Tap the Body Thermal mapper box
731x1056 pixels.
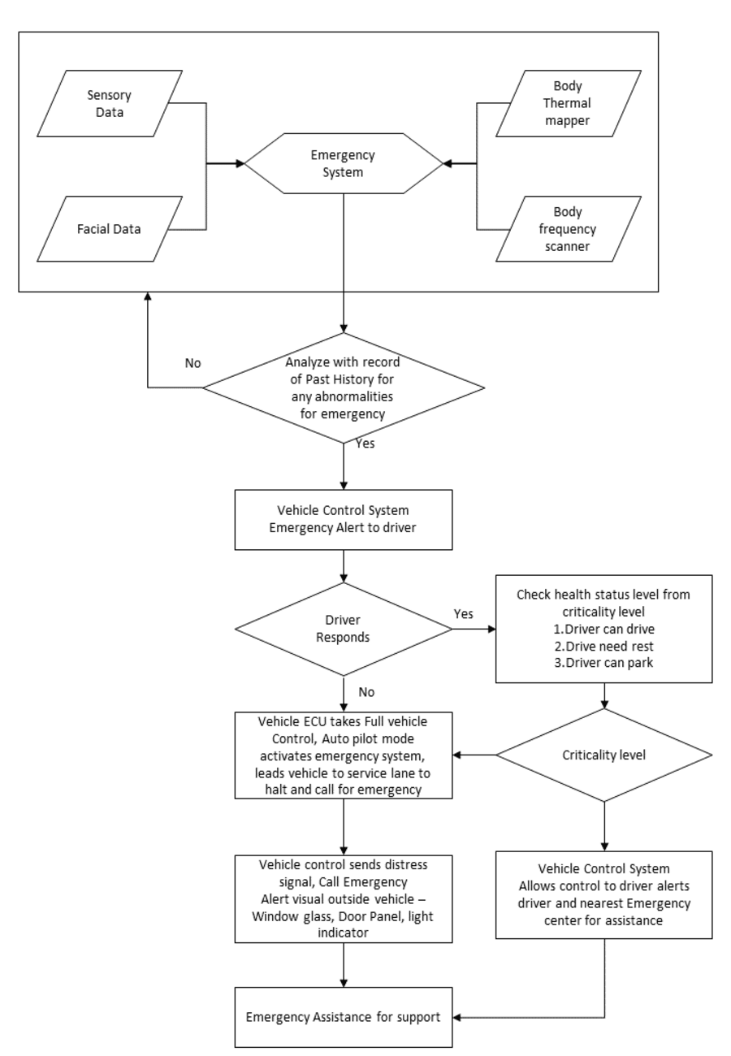568,103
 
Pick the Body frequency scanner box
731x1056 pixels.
568,229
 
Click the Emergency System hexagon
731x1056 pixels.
344,164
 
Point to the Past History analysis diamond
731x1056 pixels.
344,387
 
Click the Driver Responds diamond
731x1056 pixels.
344,629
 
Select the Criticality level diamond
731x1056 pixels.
604,755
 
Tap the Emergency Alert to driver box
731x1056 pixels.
344,520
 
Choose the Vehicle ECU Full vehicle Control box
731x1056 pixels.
344,755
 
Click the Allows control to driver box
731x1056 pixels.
603,894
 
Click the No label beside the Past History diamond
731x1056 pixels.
192,363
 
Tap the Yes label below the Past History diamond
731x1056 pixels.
366,445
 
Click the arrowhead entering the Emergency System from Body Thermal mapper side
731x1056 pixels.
448,164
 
